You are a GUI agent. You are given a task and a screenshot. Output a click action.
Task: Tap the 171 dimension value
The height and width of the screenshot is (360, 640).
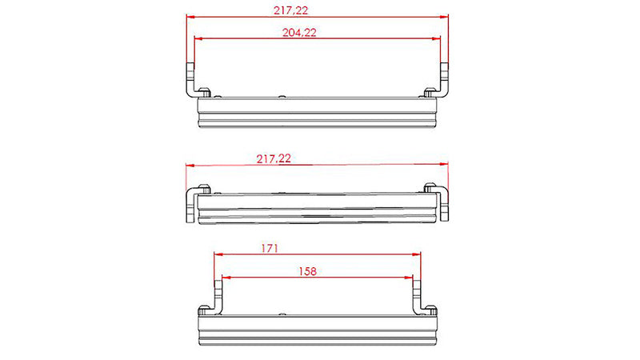[269, 250]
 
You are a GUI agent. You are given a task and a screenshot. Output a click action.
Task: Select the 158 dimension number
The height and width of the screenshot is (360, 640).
[306, 271]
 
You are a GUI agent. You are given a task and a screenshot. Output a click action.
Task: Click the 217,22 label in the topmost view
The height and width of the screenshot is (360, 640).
[290, 10]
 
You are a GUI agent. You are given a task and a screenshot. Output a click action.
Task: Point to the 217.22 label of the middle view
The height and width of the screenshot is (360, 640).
[274, 159]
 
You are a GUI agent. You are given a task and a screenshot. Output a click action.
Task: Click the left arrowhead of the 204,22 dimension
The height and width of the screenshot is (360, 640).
[197, 38]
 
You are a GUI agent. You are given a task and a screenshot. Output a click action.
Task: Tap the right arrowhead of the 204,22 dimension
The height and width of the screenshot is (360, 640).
[438, 38]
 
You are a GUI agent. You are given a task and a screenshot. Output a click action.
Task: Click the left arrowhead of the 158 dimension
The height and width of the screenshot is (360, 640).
[225, 277]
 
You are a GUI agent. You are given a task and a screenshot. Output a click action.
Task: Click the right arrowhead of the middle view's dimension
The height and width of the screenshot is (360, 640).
[446, 166]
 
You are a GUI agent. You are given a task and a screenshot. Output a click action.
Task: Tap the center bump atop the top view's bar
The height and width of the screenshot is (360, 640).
[282, 94]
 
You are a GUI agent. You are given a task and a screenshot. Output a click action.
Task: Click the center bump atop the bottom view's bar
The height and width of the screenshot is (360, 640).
[282, 309]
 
